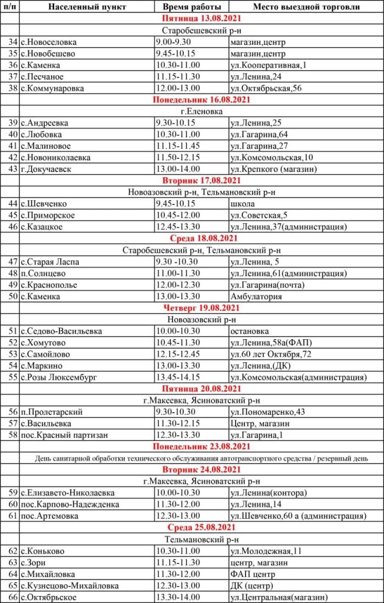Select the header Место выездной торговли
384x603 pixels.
[299, 8]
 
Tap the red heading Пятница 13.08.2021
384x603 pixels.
[201, 19]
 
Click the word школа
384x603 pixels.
[243, 203]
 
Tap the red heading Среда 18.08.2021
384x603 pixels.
[201, 238]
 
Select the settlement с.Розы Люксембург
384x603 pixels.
[64, 377]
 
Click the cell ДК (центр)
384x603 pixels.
[253, 585]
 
